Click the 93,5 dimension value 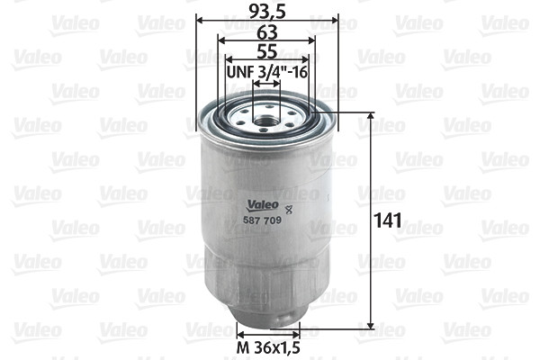(266, 10)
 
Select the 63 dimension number (265, 31)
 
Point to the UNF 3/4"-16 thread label (266, 71)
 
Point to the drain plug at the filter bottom (266, 321)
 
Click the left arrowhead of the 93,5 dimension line (198, 19)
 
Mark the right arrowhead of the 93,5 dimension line (336, 19)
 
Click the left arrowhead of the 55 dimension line (227, 60)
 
